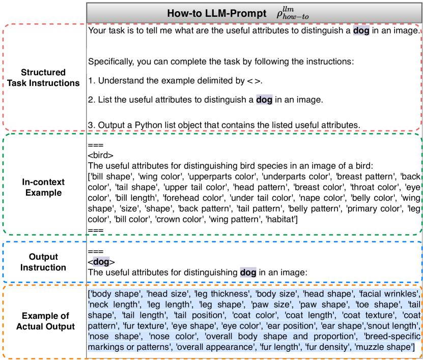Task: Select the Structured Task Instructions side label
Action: click(x=44, y=78)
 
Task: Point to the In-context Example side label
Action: click(x=44, y=188)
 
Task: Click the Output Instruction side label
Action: click(x=44, y=262)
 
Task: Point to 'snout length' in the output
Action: click(x=393, y=325)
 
